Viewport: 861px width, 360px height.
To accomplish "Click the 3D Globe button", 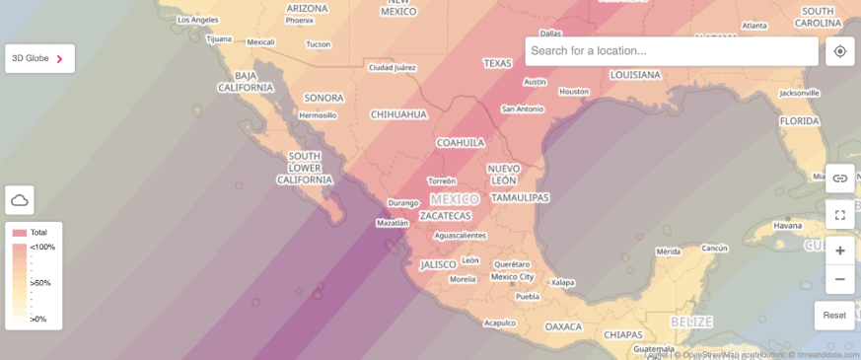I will click(x=39, y=58).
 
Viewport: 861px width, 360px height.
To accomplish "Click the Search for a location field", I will click(x=672, y=51).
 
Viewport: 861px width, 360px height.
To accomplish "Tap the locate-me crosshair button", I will click(x=840, y=51).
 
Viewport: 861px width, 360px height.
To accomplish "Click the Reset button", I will click(x=834, y=316).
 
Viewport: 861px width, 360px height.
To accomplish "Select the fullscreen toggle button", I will click(x=840, y=214).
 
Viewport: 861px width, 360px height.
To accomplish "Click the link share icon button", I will click(x=840, y=179).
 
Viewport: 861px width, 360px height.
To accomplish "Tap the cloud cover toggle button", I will click(x=20, y=200).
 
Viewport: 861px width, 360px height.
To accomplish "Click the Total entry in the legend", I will click(x=37, y=233).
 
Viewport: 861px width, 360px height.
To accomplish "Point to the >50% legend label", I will click(x=40, y=283).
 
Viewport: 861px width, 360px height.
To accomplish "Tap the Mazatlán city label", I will click(x=393, y=223).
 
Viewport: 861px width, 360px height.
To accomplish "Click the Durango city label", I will click(x=403, y=203).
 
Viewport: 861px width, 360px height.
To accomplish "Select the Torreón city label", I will click(x=442, y=180).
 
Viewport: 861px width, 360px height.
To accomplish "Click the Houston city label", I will click(x=573, y=92).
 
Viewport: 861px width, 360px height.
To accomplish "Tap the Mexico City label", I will click(x=513, y=276).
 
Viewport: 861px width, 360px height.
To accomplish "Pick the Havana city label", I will click(x=788, y=225).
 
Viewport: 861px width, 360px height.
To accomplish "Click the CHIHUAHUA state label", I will click(x=398, y=114).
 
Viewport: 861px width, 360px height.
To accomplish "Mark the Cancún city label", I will click(x=714, y=248).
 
